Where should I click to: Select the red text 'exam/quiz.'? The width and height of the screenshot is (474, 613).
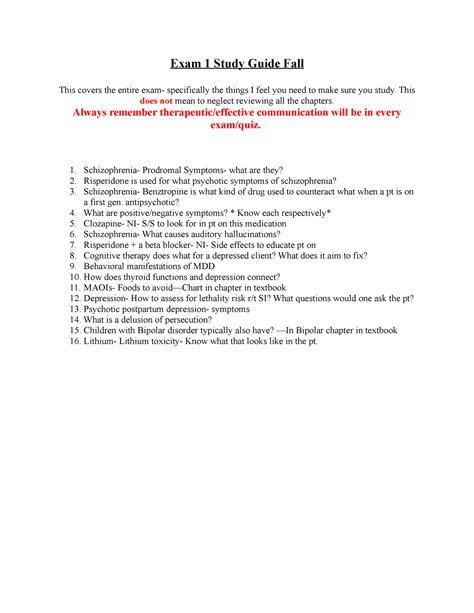coord(236,128)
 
